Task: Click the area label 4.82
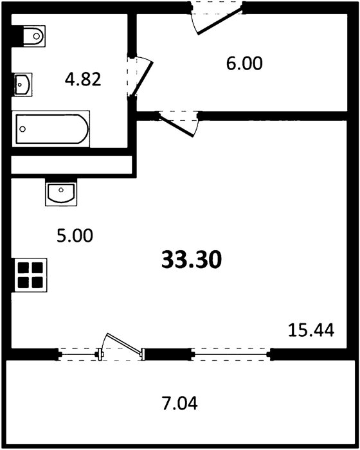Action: pos(83,79)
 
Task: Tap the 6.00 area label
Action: pos(244,63)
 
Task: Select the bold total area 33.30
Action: pos(192,260)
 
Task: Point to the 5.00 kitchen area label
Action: pos(75,235)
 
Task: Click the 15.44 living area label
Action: pos(311,330)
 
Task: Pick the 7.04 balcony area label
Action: pos(180,403)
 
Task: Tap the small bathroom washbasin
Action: pos(22,84)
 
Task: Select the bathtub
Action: pos(51,129)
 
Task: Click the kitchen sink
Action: pos(61,192)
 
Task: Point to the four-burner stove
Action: pos(30,275)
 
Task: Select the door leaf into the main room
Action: pos(176,125)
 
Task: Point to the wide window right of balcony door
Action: pos(231,354)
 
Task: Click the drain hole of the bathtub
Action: pos(22,129)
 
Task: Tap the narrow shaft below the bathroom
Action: pos(71,165)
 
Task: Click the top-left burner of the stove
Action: pos(23,268)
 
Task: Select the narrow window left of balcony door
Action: pos(78,354)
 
